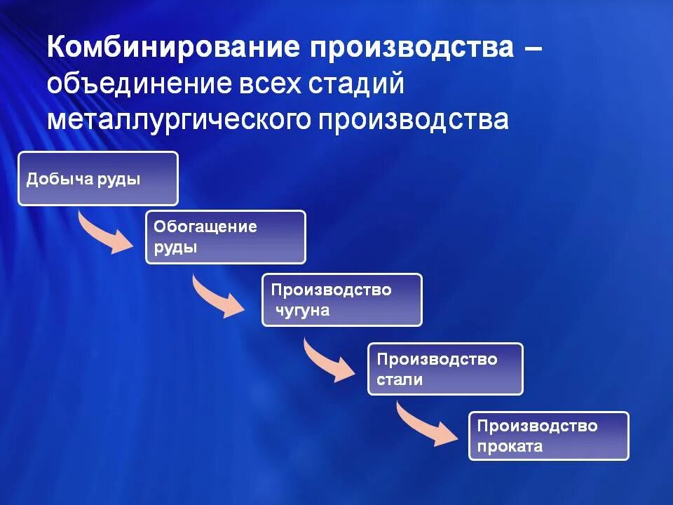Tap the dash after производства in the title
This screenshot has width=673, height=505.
(x=531, y=49)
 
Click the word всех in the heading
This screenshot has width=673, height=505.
(x=263, y=83)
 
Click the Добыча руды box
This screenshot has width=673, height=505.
(x=98, y=179)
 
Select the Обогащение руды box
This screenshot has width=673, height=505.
(x=226, y=237)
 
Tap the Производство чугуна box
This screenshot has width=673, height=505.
(x=342, y=299)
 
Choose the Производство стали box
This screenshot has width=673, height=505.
(x=445, y=369)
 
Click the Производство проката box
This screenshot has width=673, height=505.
(x=549, y=436)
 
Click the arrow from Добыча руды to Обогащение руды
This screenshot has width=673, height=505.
(x=105, y=233)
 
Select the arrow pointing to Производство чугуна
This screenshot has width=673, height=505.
(x=218, y=297)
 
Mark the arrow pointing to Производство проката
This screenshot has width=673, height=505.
(x=426, y=426)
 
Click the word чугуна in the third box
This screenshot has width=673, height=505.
(x=302, y=310)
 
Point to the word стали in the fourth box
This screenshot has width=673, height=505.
(x=400, y=379)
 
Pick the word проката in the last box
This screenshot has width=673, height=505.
(x=510, y=446)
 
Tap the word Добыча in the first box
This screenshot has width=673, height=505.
(x=59, y=179)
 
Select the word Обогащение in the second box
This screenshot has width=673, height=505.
(x=205, y=227)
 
